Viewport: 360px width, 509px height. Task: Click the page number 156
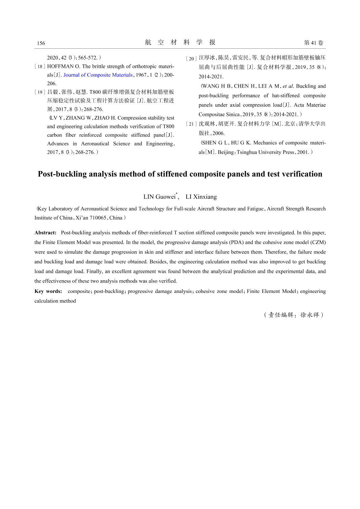41,43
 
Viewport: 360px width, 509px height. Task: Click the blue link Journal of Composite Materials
98,75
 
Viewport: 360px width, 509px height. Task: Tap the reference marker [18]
40,67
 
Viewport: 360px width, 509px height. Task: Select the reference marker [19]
40,92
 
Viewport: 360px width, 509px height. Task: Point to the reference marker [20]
191,58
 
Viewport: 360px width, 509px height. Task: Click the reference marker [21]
191,124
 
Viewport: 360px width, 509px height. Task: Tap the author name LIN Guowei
159,197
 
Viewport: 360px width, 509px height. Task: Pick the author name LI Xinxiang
201,197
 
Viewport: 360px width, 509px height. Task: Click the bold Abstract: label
45,232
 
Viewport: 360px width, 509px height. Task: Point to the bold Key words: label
48,291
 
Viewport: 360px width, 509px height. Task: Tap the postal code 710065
98,218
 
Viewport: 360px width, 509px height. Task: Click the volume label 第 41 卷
313,43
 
